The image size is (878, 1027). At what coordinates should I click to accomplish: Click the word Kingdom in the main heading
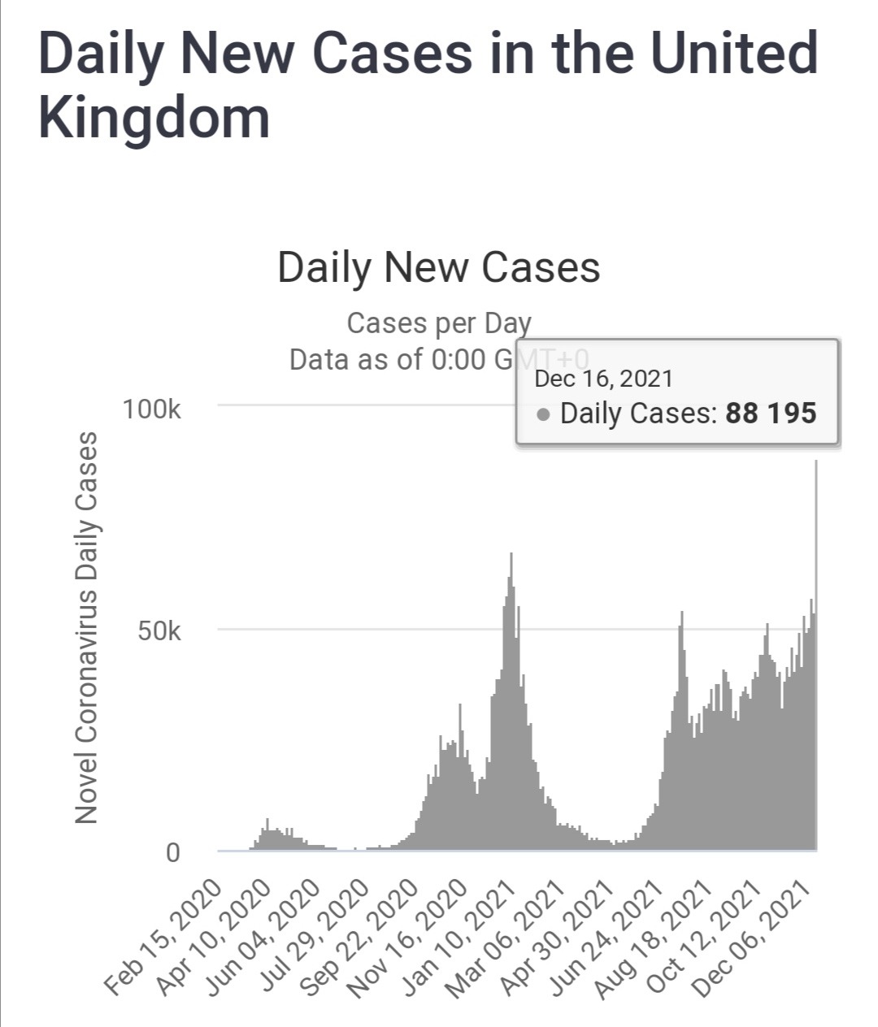(x=154, y=118)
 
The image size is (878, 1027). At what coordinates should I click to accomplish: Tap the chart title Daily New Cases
(x=438, y=267)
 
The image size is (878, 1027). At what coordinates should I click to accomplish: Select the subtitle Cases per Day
(x=438, y=323)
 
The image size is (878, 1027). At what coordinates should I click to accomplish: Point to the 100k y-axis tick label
(x=152, y=409)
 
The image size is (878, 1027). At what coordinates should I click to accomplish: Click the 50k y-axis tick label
(x=159, y=631)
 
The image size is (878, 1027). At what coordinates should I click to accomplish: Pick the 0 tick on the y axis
(x=172, y=853)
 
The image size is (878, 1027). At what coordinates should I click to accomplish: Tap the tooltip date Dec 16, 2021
(x=603, y=379)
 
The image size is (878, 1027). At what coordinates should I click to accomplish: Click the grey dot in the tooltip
(x=544, y=415)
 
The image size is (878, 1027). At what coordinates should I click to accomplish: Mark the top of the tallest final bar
(x=815, y=461)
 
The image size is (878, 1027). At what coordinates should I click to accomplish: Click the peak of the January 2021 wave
(x=511, y=554)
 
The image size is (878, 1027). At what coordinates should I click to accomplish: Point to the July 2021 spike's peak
(x=682, y=613)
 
